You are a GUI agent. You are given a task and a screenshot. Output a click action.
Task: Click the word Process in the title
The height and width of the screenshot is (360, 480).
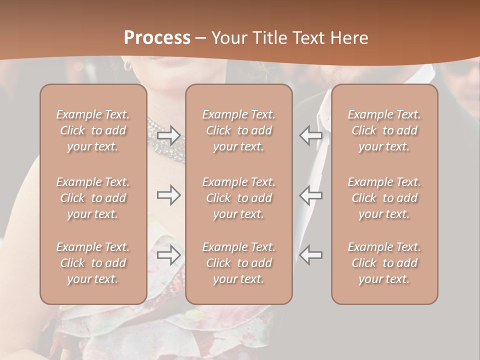157,38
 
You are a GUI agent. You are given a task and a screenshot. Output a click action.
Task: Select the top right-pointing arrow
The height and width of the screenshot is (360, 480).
168,135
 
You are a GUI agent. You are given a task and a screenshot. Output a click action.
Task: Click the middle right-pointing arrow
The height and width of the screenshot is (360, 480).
168,195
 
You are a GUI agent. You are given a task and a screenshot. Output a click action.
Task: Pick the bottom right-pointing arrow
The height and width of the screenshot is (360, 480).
168,255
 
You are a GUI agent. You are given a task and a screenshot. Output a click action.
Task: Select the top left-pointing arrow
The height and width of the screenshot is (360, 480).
311,135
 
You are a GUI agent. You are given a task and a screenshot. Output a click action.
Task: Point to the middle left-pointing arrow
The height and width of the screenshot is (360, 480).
311,195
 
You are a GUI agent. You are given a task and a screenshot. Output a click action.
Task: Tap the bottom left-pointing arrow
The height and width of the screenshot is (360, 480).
311,255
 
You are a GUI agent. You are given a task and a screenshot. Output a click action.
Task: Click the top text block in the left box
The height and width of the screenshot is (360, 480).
93,130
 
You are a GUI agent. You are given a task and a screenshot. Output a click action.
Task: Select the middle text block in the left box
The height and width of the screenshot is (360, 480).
93,198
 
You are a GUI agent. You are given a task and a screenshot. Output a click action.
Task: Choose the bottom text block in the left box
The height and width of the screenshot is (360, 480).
93,263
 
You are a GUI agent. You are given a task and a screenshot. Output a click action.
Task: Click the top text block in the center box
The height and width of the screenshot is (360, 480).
239,130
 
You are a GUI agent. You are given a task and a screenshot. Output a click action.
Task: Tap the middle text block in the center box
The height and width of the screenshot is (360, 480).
239,198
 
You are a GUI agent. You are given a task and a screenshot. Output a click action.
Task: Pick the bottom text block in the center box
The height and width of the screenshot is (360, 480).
239,263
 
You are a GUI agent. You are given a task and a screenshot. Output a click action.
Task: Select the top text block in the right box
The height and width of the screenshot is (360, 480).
384,130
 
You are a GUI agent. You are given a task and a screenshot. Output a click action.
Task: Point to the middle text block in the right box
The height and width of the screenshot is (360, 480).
384,198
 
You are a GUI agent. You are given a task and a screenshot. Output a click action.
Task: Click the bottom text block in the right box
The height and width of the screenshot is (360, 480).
384,263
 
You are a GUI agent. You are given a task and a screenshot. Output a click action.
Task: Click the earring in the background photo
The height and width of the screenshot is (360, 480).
128,65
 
